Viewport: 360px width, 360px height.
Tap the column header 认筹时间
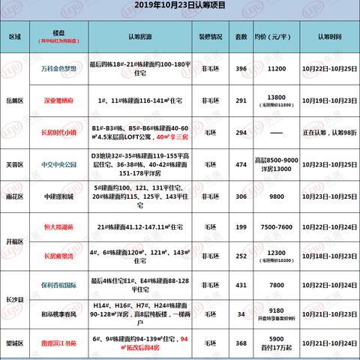[326, 34]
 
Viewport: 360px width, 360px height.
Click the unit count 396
[241, 67]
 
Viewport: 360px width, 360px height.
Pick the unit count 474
[241, 163]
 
